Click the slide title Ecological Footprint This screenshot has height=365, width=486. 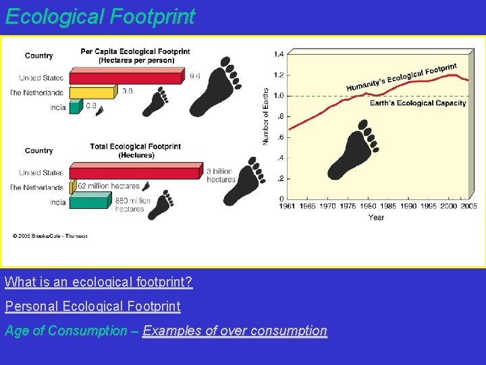tap(100, 16)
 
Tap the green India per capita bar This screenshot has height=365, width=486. tap(74, 107)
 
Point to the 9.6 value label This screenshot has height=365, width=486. tap(194, 76)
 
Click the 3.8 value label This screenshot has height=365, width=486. tap(127, 90)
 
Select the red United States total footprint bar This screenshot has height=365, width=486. tap(135, 172)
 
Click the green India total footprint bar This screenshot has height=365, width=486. tap(88, 201)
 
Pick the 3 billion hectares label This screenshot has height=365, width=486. tap(221, 175)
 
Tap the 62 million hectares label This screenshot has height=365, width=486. tap(109, 185)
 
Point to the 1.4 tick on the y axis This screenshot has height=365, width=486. tap(279, 54)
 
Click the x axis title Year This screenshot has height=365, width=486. tap(376, 217)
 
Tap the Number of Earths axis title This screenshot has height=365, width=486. tap(265, 116)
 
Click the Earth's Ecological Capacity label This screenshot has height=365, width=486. tap(418, 103)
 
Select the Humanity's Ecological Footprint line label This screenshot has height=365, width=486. tap(401, 77)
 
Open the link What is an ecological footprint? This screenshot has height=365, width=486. tap(99, 282)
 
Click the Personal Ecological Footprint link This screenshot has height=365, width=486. tap(92, 306)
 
